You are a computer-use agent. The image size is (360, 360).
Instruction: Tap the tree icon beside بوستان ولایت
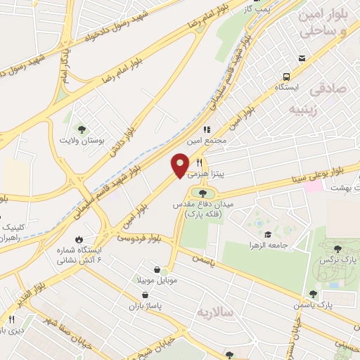coord(82,129)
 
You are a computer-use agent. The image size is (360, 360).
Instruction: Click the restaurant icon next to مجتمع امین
coord(207,129)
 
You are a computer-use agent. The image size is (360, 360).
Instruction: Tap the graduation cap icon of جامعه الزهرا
coord(267,234)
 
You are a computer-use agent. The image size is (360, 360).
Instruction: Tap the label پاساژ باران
coord(146,307)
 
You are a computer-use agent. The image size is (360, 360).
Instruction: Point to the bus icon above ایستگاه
coord(286,77)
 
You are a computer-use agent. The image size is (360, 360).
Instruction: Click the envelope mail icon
coord(302,58)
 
